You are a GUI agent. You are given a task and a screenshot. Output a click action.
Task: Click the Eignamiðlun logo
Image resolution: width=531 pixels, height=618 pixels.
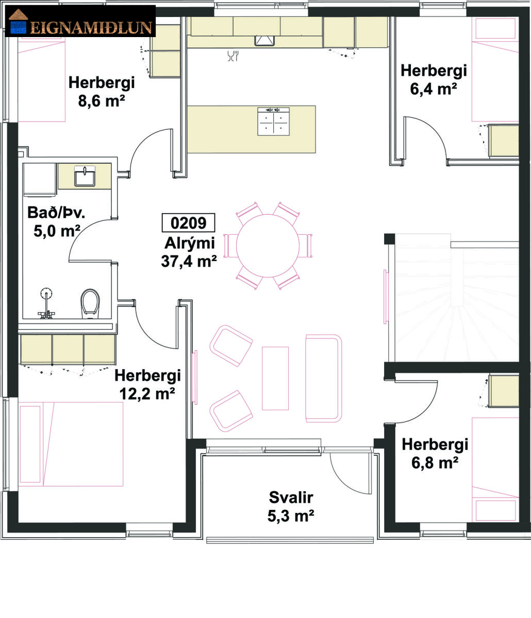click(80, 21)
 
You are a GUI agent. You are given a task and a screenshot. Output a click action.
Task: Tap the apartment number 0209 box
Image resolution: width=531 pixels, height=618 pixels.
click(188, 223)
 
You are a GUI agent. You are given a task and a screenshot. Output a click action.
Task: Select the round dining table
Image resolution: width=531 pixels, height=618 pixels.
click(268, 246)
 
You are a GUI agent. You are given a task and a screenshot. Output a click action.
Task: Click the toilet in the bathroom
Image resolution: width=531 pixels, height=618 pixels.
click(90, 303)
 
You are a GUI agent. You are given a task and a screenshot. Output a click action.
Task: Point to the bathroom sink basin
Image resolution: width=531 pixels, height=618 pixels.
click(85, 177)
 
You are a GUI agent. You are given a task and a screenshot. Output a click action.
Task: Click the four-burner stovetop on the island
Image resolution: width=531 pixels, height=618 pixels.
click(274, 122)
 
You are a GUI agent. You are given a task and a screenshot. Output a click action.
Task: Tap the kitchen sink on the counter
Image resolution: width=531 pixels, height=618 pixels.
click(264, 41)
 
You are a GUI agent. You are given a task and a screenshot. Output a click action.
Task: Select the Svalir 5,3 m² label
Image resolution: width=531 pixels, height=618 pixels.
click(291, 507)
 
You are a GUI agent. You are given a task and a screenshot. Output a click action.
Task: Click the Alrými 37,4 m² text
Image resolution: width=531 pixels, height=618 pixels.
click(189, 252)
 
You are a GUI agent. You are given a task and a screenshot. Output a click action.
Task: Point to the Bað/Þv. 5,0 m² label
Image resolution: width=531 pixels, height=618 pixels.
click(57, 221)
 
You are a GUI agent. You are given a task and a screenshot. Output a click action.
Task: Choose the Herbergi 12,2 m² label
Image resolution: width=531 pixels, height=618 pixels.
click(147, 384)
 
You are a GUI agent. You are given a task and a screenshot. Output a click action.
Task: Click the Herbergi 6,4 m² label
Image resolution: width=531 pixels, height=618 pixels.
click(434, 79)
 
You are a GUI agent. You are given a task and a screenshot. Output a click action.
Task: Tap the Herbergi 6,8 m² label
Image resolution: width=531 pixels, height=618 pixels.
click(435, 453)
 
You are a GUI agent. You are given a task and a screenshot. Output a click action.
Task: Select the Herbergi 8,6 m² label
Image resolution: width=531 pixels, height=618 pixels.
click(102, 92)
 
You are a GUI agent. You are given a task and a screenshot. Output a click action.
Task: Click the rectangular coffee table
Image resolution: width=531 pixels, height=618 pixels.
click(275, 378)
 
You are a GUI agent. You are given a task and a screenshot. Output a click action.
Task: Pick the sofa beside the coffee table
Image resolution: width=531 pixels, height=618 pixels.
click(324, 378)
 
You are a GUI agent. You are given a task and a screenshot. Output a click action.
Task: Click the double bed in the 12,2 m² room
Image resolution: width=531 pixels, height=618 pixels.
click(71, 444)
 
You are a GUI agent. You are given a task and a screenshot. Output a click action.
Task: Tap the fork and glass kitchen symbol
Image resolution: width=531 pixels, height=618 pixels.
click(233, 56)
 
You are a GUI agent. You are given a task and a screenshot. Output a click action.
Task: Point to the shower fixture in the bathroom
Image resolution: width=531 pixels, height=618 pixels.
click(46, 303)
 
